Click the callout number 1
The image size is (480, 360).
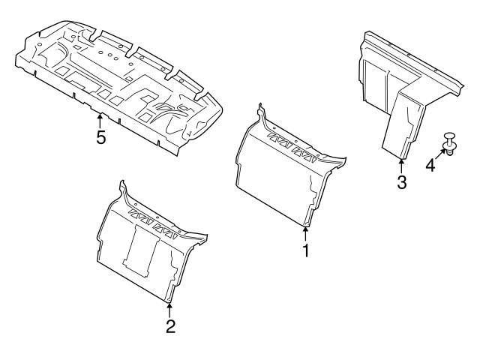[x=306, y=251]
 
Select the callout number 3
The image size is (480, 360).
[x=402, y=182]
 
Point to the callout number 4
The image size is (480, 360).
[x=430, y=164]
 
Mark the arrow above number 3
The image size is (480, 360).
[x=402, y=164]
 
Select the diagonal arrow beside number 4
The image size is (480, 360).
[x=440, y=154]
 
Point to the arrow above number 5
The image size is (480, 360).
[x=100, y=118]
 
